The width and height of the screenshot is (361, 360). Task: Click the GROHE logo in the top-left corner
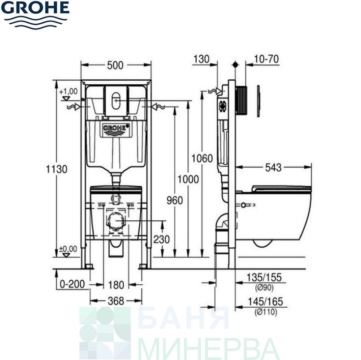point(35,15)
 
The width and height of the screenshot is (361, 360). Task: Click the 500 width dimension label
point(116,65)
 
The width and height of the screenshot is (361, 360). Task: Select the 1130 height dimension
point(56,169)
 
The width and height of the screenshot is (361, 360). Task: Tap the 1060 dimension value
point(202,159)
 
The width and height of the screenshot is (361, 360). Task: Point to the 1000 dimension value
point(188,179)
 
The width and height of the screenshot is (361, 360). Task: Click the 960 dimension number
point(175,200)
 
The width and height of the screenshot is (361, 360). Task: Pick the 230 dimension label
point(161,240)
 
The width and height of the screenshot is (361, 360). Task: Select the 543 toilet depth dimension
point(273,167)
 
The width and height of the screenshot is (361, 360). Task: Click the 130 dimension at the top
point(202,59)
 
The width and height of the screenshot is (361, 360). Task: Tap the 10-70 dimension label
point(266,59)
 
